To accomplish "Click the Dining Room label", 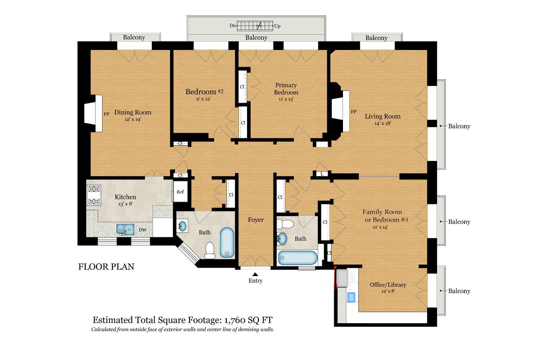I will click(133, 112).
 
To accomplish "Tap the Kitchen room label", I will click(126, 197).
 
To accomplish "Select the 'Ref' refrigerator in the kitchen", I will click(180, 192).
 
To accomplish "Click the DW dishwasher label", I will click(143, 230).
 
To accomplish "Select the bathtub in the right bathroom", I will click(298, 258).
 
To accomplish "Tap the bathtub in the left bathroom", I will click(227, 243).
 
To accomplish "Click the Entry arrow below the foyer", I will click(255, 275).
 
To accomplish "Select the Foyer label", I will click(256, 220).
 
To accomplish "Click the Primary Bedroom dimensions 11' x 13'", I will click(286, 99).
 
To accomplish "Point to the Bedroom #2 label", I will click(204, 92).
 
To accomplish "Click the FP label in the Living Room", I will click(353, 112).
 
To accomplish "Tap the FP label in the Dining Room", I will click(106, 114).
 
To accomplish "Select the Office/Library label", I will click(388, 285).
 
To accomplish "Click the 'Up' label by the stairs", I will click(277, 26).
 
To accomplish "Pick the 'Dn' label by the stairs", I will click(233, 26).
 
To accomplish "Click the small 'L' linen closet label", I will click(322, 174).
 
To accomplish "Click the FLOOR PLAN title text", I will click(106, 267).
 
